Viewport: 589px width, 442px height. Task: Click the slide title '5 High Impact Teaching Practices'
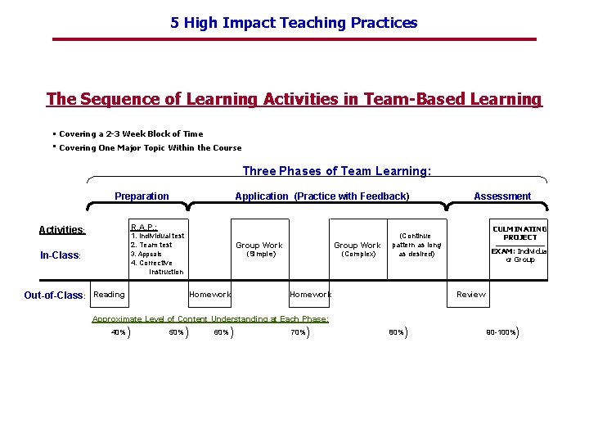294,23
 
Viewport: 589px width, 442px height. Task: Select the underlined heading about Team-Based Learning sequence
294,99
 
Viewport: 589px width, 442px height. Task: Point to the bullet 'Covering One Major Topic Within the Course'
150,148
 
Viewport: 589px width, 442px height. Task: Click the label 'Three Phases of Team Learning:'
336,171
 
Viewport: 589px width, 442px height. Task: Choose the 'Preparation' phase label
142,196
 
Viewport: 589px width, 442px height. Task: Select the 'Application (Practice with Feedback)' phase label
321,196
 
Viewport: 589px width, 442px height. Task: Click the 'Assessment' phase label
502,196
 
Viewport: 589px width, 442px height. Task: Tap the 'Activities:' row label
62,230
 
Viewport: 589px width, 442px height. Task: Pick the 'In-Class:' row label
61,255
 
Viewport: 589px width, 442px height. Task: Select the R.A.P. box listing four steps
158,248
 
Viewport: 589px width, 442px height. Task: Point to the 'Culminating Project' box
519,246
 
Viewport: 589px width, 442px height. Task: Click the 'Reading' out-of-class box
109,295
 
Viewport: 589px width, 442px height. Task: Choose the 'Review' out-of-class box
470,295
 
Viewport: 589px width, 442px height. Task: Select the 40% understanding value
119,332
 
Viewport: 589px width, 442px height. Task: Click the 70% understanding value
297,332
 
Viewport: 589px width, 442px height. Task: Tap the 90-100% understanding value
501,332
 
